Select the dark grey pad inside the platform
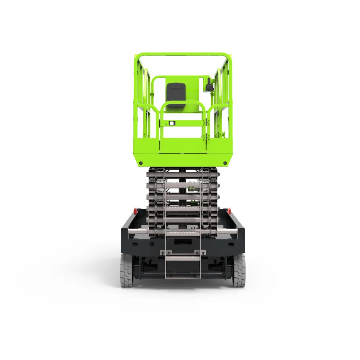coord(176,94)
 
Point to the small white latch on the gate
coord(172,123)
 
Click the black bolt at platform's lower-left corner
coord(141,163)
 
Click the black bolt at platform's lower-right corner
coord(225,163)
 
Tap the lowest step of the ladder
coord(183,258)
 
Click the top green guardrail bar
coord(183,55)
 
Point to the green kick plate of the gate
coord(183,146)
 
